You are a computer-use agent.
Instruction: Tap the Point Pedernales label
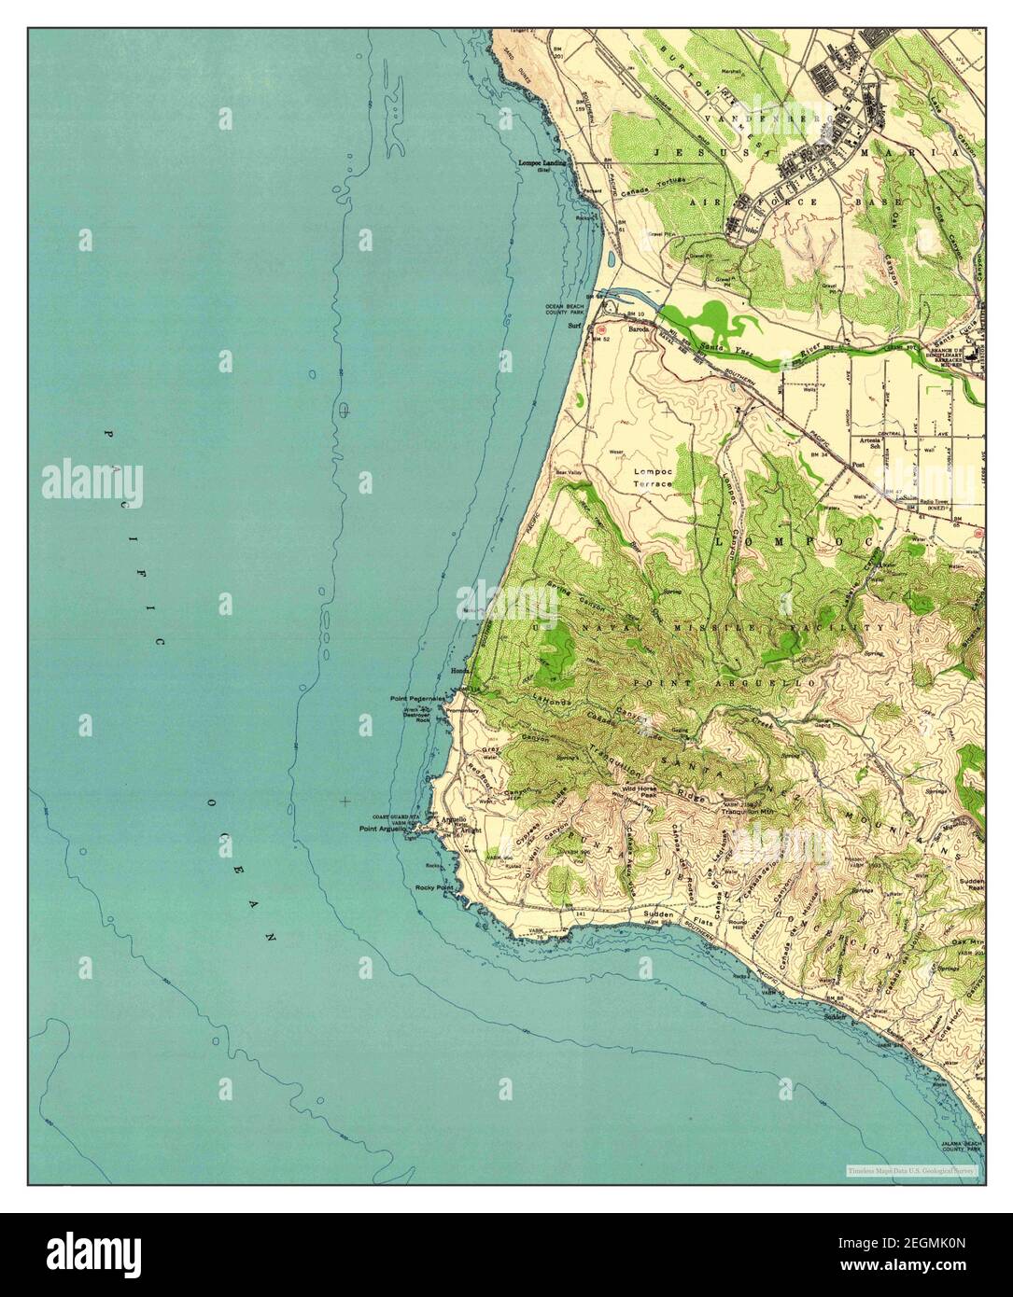coord(417,698)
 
